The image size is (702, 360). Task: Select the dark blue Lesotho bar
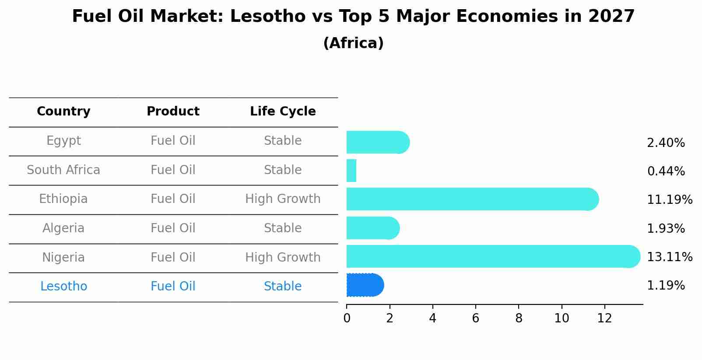tap(365, 285)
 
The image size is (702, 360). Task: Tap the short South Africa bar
tap(351, 171)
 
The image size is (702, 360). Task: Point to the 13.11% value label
tap(669, 257)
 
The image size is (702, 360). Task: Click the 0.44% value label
tap(666, 171)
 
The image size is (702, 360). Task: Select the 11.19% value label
tap(669, 200)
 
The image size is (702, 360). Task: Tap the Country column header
tap(63, 112)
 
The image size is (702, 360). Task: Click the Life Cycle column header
tap(283, 112)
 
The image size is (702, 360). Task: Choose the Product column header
tap(173, 112)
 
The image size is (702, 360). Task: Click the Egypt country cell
tap(63, 141)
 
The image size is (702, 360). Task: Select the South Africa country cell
tap(63, 170)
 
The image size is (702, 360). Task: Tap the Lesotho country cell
tap(63, 287)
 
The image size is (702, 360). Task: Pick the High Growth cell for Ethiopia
tap(283, 199)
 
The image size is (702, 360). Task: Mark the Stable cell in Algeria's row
tap(283, 228)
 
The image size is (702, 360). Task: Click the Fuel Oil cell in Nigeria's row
tap(173, 257)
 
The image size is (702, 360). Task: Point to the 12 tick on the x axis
tap(604, 318)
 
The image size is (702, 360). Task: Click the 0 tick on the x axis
tap(347, 318)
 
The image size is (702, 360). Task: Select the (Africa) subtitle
tap(353, 43)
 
